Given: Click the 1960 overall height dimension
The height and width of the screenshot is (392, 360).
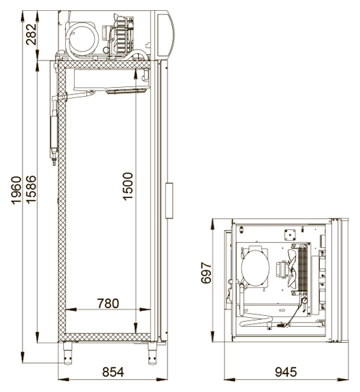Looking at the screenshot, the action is pyautogui.click(x=16, y=191).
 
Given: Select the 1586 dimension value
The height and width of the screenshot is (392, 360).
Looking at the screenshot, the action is pyautogui.click(x=31, y=189).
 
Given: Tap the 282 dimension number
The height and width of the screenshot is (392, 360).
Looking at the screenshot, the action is pyautogui.click(x=31, y=34).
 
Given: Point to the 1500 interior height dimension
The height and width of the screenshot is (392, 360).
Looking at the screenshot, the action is pyautogui.click(x=128, y=186).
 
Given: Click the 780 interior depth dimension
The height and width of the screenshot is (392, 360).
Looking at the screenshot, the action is pyautogui.click(x=108, y=304).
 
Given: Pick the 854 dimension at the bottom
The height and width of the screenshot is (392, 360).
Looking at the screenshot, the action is pyautogui.click(x=113, y=372).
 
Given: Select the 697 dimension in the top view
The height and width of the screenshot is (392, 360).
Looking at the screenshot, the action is pyautogui.click(x=206, y=272).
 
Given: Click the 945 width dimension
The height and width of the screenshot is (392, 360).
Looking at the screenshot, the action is pyautogui.click(x=286, y=372).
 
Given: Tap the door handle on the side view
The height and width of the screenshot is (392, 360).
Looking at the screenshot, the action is pyautogui.click(x=169, y=201).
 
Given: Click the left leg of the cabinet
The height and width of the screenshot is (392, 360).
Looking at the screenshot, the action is pyautogui.click(x=67, y=353).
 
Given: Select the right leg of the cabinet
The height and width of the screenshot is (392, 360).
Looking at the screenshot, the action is pyautogui.click(x=152, y=353).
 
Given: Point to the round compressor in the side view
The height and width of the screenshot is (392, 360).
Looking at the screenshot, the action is pyautogui.click(x=82, y=39).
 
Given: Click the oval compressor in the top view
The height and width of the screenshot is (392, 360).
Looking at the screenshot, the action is pyautogui.click(x=255, y=267).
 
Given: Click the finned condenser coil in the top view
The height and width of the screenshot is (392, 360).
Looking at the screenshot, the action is pyautogui.click(x=303, y=268).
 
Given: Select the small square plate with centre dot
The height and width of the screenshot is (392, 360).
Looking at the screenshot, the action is pyautogui.click(x=290, y=235).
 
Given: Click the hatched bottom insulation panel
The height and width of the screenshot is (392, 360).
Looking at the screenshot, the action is pyautogui.click(x=104, y=338).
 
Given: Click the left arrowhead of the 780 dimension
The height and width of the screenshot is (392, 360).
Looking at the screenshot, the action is pyautogui.click(x=71, y=310).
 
